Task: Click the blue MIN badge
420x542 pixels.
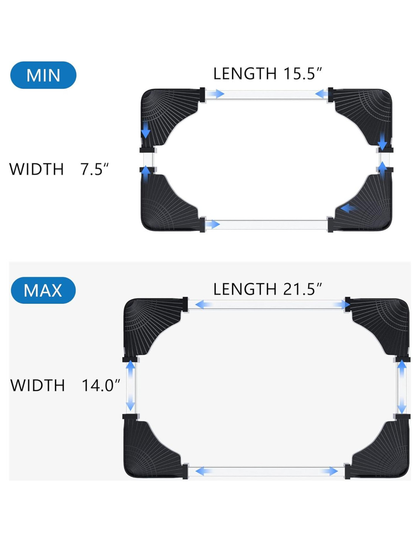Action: [x=43, y=75]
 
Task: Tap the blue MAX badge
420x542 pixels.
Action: [x=43, y=290]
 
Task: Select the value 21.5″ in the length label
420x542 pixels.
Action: [x=302, y=289]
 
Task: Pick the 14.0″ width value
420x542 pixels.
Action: [x=101, y=385]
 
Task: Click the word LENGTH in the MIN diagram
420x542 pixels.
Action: [x=245, y=74]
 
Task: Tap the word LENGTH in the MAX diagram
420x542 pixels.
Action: [x=245, y=289]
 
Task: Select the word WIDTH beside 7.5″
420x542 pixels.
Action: [x=37, y=169]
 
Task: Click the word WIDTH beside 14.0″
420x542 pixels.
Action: [x=37, y=385]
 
